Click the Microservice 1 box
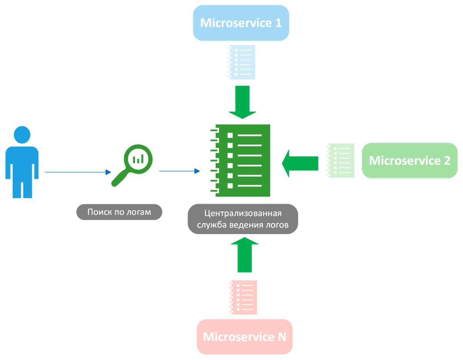pos(241,23)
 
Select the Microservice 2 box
pos(409,160)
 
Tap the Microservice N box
pos(245,337)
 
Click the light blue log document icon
pos(241,62)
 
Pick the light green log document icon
pos(340,160)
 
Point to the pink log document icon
pos(243,297)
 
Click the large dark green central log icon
pos(240,160)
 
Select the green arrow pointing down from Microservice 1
pos(242,102)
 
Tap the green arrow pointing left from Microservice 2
pos(300,163)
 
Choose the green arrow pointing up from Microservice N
pos(245,255)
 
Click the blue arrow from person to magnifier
pos(78,172)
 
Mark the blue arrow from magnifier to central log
pos(179,171)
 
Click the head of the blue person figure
pos(22,135)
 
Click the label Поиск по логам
pos(119,212)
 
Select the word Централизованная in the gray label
pos(243,213)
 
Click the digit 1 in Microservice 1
pos(279,23)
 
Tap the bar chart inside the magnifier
pos(138,159)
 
